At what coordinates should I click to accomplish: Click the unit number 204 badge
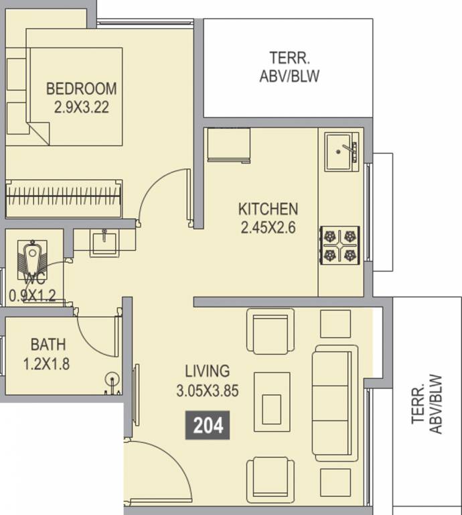point(208,425)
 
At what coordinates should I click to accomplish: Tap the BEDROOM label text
point(81,89)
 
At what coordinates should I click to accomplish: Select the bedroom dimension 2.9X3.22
point(81,107)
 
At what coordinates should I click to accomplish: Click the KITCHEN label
point(268,209)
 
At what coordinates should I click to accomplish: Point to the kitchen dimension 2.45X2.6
point(268,227)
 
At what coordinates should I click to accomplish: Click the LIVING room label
point(208,371)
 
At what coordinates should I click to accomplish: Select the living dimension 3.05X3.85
point(208,391)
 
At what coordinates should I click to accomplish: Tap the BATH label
point(48,345)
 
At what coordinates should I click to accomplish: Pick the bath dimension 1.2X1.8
point(46,364)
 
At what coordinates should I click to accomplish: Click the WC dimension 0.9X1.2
point(32,296)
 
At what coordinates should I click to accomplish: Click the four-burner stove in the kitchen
point(339,245)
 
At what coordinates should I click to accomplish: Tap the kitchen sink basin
point(342,152)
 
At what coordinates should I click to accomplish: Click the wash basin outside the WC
point(104,242)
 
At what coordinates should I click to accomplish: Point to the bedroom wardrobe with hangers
point(64,198)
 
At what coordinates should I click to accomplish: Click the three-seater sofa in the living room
point(335,403)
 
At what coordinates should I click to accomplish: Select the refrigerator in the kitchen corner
point(229,145)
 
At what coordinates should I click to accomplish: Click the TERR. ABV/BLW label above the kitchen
point(289,66)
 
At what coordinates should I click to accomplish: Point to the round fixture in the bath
point(112,378)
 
